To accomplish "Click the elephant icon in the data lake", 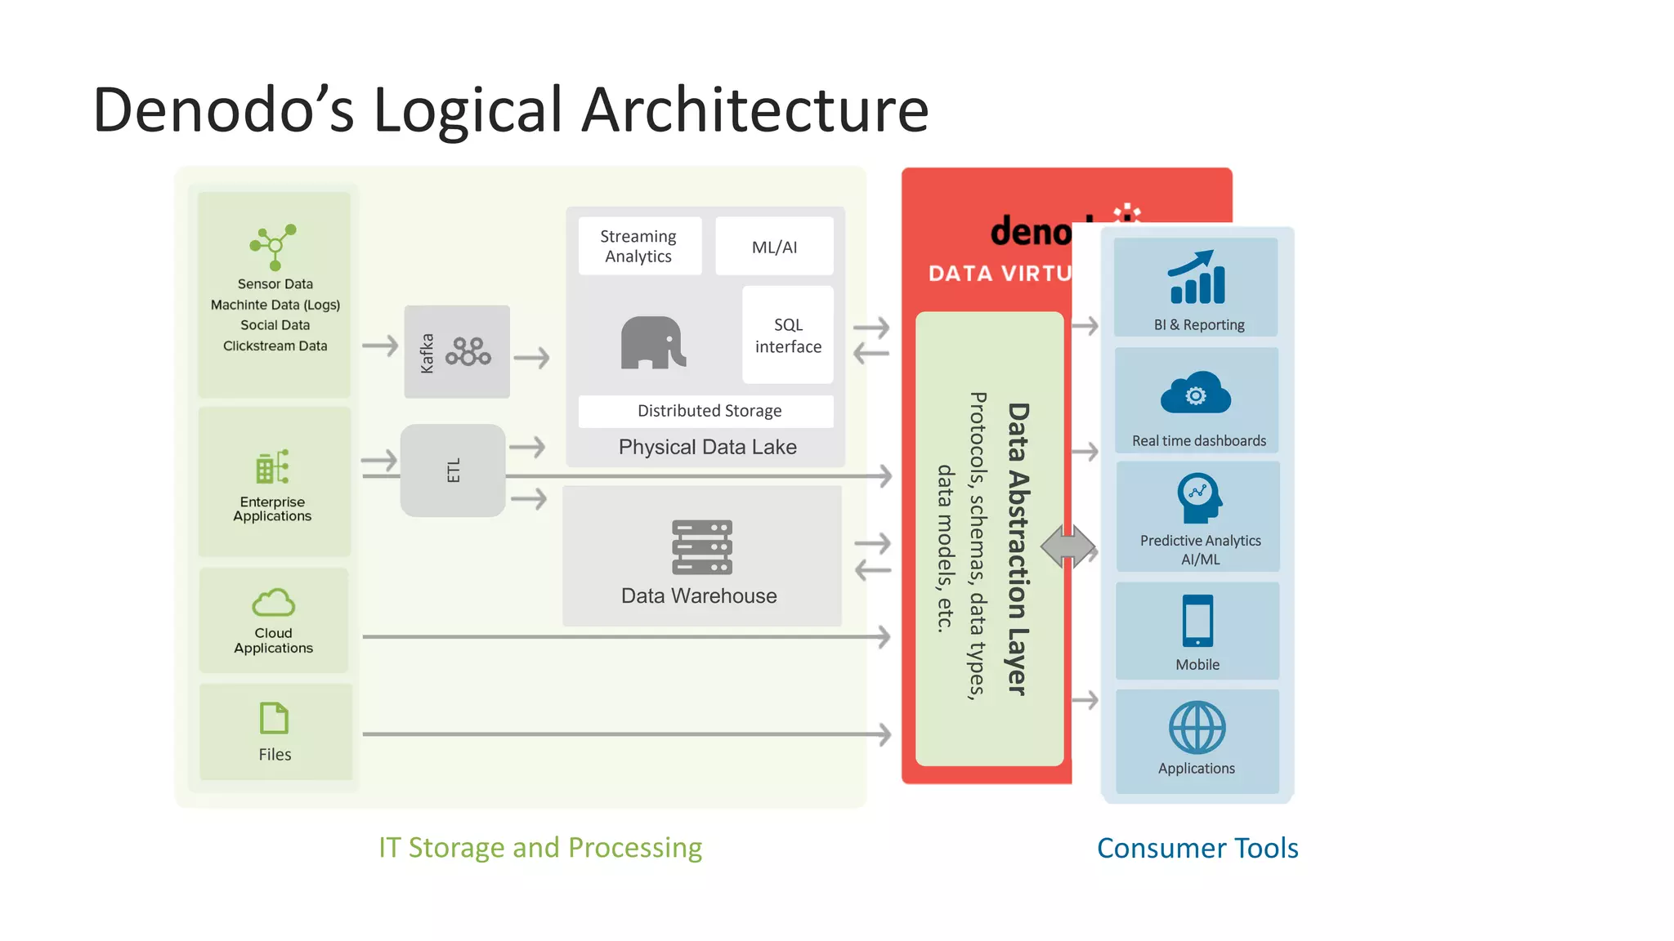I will pyautogui.click(x=652, y=343).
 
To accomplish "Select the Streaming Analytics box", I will pyautogui.click(x=639, y=246).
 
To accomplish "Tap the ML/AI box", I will pyautogui.click(x=774, y=247).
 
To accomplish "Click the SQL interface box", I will pyautogui.click(x=788, y=336).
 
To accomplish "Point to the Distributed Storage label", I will pyautogui.click(x=709, y=411).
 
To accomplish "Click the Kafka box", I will pyautogui.click(x=456, y=352).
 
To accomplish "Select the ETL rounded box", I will pyautogui.click(x=453, y=470).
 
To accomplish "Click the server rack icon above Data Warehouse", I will pyautogui.click(x=701, y=547).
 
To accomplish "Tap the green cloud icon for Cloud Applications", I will pyautogui.click(x=273, y=603).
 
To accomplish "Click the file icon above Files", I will pyautogui.click(x=274, y=718).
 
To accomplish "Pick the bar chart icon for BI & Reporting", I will pyautogui.click(x=1197, y=278).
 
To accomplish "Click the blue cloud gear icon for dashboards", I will pyautogui.click(x=1196, y=395).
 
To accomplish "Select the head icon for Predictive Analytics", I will pyautogui.click(x=1199, y=497).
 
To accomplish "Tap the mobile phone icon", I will pyautogui.click(x=1197, y=621).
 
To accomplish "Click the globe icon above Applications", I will pyautogui.click(x=1197, y=727).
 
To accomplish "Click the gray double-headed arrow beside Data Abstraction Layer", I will pyautogui.click(x=1068, y=546).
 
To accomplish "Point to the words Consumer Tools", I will pyautogui.click(x=1197, y=848).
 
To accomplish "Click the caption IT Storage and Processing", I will pyautogui.click(x=540, y=848).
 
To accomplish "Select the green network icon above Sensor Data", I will pyautogui.click(x=273, y=246).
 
